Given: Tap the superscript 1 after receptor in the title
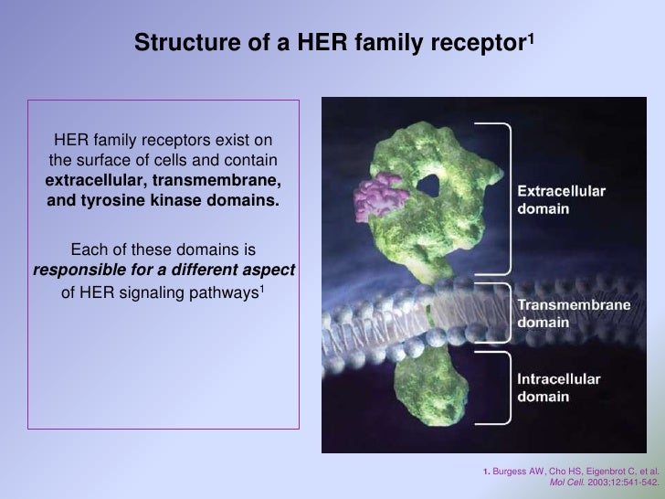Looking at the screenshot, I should (529, 37).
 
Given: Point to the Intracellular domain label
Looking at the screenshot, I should (557, 389).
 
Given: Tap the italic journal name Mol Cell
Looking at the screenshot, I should (567, 483).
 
